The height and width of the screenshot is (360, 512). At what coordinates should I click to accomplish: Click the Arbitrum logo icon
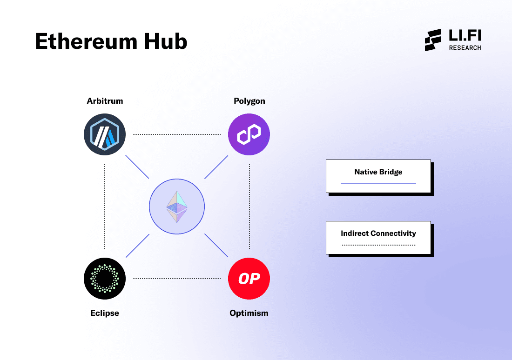[x=105, y=134]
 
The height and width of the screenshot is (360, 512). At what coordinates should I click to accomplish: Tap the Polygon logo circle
[x=249, y=134]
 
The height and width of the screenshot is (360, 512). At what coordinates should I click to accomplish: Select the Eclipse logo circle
[x=105, y=279]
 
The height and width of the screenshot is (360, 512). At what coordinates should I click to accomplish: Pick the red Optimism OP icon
[x=249, y=279]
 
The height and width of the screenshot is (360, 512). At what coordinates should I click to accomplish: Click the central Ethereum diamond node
[x=177, y=207]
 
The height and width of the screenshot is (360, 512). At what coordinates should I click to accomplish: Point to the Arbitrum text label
[x=105, y=101]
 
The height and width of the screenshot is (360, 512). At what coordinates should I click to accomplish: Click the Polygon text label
[x=249, y=101]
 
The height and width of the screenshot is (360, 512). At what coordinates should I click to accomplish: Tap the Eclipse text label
[x=105, y=313]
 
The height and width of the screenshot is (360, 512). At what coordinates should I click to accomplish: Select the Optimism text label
[x=249, y=313]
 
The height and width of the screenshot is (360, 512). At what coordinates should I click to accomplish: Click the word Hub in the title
[x=168, y=42]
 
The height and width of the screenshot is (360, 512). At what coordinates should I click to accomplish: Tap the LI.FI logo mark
[x=433, y=40]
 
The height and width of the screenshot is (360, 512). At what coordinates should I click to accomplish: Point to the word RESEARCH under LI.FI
[x=465, y=47]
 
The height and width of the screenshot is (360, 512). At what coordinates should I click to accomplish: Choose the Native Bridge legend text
[x=378, y=172]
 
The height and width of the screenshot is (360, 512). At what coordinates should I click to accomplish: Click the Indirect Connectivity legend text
[x=378, y=233]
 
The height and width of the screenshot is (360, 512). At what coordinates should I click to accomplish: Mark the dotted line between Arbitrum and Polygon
[x=177, y=134]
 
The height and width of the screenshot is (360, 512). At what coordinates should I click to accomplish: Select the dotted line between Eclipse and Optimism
[x=177, y=279]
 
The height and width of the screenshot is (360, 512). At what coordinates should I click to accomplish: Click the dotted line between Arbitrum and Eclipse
[x=105, y=207]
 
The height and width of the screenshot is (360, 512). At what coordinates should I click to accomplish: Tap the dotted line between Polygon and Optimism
[x=249, y=207]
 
